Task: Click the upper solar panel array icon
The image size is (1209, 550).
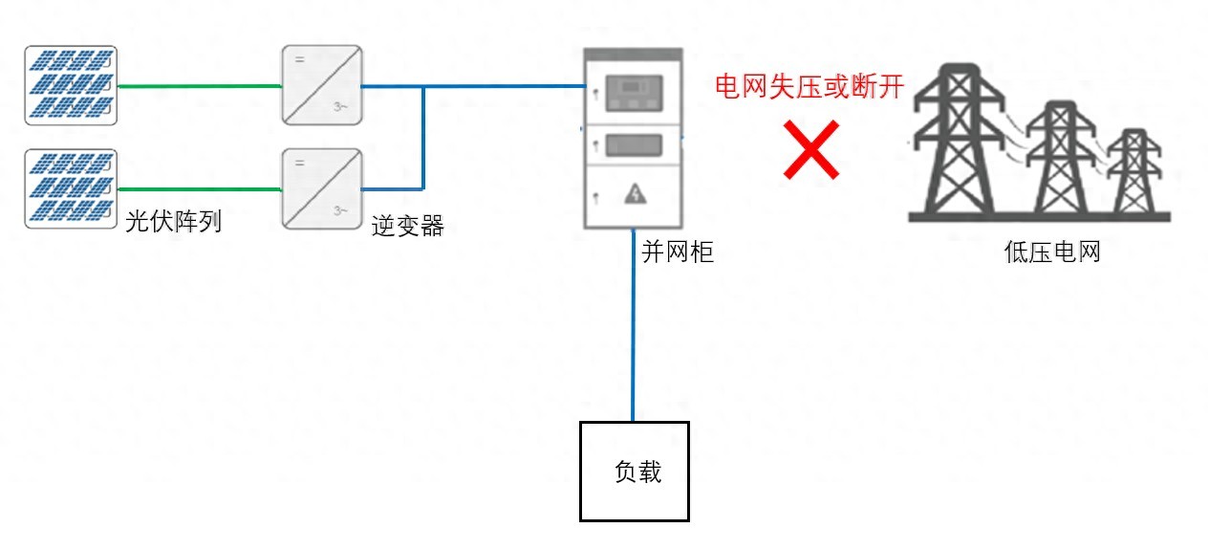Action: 71,85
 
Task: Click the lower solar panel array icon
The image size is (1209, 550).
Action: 71,188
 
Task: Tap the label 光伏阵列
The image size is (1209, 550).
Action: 174,223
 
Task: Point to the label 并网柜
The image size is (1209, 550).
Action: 677,253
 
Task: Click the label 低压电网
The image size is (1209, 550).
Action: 1052,252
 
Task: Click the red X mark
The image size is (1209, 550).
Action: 810,150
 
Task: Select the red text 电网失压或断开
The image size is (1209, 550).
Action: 810,85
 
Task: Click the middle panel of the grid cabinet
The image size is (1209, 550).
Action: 635,145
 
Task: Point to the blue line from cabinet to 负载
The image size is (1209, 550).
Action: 633,325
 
